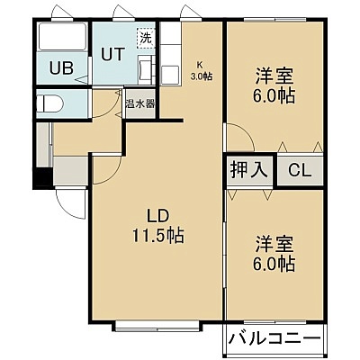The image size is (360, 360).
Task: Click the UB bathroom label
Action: click(x=61, y=67)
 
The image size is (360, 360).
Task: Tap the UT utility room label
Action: click(x=112, y=54)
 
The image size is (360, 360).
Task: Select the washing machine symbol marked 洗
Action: click(x=146, y=38)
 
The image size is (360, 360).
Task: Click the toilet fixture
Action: click(x=49, y=103)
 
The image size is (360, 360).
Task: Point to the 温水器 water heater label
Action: click(x=140, y=104)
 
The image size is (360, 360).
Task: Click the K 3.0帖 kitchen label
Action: click(x=202, y=71)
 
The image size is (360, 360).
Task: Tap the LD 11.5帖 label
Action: click(x=158, y=226)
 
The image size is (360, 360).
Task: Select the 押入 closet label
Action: click(x=248, y=170)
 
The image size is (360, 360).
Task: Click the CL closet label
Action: click(x=300, y=170)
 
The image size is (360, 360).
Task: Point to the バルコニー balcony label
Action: click(x=274, y=339)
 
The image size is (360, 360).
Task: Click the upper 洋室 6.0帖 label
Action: click(x=274, y=85)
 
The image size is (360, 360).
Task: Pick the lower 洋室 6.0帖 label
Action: click(x=274, y=254)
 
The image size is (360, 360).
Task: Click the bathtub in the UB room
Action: click(x=62, y=37)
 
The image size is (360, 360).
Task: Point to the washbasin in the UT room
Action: click(x=146, y=69)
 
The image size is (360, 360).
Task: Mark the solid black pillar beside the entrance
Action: click(x=43, y=177)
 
